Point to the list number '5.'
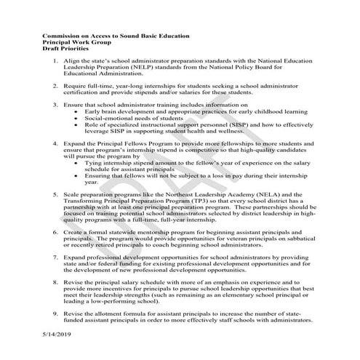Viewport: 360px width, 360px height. (57, 194)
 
